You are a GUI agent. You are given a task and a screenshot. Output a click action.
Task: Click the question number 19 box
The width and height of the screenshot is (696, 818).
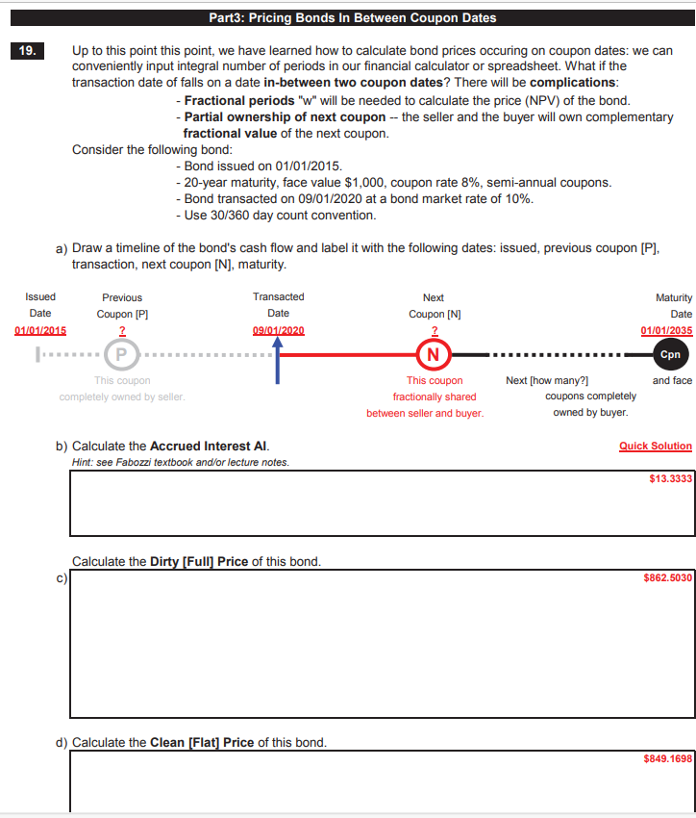24,51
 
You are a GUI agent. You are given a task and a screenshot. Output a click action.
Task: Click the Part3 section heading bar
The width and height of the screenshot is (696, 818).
352,18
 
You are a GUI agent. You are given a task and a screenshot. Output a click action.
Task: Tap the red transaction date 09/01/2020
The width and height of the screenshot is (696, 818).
278,331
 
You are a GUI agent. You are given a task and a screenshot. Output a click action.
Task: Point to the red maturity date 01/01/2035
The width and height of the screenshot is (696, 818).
666,331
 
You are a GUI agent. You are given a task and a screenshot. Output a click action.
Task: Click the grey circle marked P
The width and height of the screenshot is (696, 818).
121,354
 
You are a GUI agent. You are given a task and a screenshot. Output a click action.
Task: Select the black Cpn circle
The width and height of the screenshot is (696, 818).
670,354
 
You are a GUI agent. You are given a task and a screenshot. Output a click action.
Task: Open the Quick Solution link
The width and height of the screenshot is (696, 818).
655,446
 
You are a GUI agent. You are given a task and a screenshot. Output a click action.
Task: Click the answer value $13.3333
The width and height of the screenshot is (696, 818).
670,478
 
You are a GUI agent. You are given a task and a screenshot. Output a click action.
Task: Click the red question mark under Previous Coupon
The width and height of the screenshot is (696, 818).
121,331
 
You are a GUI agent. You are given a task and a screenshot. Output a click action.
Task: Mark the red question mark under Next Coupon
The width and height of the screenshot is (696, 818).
435,331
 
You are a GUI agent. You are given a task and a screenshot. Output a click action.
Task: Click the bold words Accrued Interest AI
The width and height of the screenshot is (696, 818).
210,447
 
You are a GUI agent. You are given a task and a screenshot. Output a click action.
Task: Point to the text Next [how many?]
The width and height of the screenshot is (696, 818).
546,381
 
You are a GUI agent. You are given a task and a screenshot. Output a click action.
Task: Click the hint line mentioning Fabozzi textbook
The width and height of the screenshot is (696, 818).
180,462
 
